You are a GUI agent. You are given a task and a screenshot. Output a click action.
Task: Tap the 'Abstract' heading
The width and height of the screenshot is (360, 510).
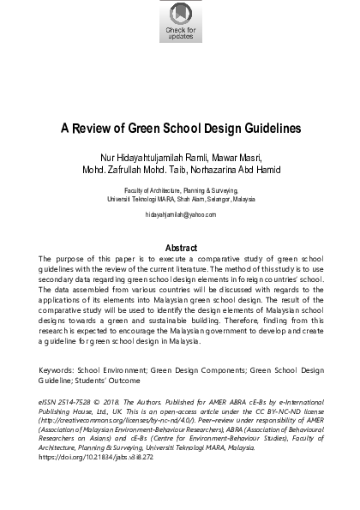point(180,247)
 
